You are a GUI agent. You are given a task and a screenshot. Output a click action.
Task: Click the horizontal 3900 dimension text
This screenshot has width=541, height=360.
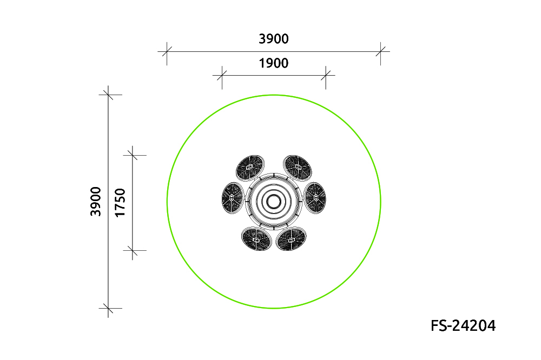(274, 39)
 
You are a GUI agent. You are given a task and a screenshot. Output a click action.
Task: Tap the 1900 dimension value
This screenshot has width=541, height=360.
(274, 63)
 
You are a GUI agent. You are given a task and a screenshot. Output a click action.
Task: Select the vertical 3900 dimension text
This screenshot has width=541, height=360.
(96, 202)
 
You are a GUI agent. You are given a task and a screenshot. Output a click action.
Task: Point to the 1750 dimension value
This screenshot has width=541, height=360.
(120, 203)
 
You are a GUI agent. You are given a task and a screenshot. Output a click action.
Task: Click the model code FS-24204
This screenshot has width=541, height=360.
(463, 325)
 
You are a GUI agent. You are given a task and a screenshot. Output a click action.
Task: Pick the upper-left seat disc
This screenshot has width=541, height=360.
(250, 168)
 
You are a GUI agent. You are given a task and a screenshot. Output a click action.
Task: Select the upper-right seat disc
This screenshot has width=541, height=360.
(298, 168)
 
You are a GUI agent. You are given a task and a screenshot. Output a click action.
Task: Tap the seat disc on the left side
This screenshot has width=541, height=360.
(233, 198)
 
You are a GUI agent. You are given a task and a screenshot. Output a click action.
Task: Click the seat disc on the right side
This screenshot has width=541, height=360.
(315, 198)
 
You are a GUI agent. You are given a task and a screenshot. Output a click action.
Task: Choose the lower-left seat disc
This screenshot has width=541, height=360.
(256, 238)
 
